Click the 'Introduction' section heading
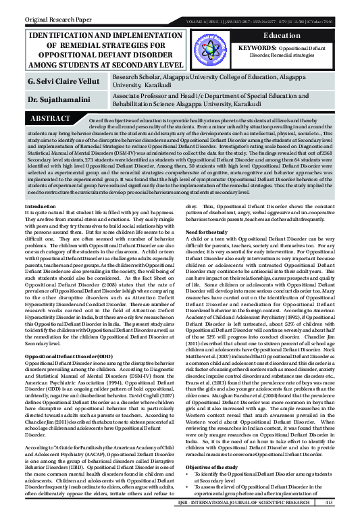coord(41,186)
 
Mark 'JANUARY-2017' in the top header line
coord(246,19)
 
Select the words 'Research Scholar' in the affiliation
coord(136,78)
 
